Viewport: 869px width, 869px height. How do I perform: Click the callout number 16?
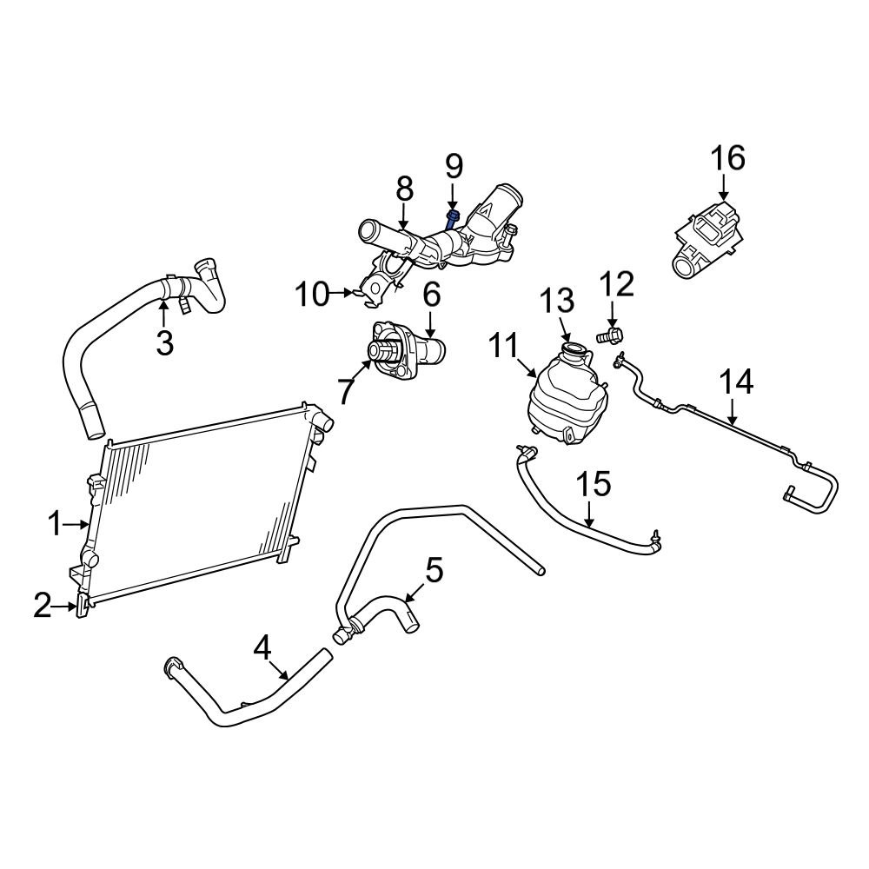728,159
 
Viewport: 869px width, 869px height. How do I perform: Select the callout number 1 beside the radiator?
54,524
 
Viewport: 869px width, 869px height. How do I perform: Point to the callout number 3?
164,342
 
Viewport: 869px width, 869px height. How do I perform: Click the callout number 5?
434,571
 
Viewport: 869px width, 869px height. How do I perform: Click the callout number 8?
404,188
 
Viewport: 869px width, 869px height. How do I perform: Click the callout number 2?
43,607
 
